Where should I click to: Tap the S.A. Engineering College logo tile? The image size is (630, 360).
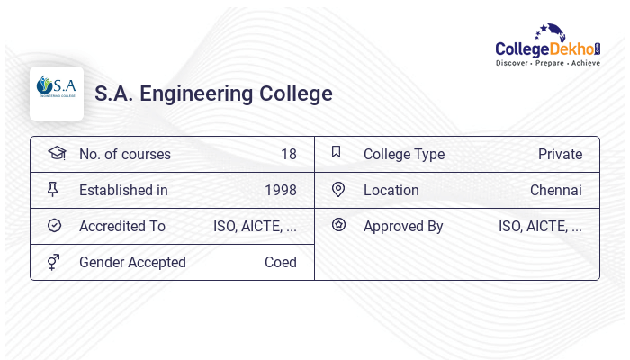[x=57, y=94]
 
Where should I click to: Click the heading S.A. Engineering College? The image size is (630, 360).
[x=213, y=94]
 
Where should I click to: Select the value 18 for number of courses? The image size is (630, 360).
[x=288, y=154]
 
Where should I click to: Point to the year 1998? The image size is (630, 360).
[x=280, y=190]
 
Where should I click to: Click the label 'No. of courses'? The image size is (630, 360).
[x=124, y=154]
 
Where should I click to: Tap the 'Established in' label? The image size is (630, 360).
[x=123, y=190]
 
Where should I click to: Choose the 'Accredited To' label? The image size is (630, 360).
[x=122, y=226]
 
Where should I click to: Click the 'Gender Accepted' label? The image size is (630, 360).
[x=132, y=262]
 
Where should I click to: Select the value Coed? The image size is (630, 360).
[x=280, y=262]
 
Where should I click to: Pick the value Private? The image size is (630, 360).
[x=560, y=154]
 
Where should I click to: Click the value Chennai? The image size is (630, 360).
[x=555, y=190]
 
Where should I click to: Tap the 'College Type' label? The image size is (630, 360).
[x=403, y=154]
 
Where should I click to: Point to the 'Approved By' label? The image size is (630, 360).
[x=403, y=226]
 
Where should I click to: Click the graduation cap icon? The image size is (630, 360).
[x=56, y=153]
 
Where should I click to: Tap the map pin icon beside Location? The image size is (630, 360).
[x=337, y=189]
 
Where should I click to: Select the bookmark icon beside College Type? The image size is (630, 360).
[x=336, y=152]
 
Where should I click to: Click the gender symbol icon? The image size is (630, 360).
[x=54, y=262]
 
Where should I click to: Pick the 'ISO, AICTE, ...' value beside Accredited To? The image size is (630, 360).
[x=255, y=226]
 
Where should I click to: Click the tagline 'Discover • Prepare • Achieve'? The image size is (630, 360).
[x=547, y=64]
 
